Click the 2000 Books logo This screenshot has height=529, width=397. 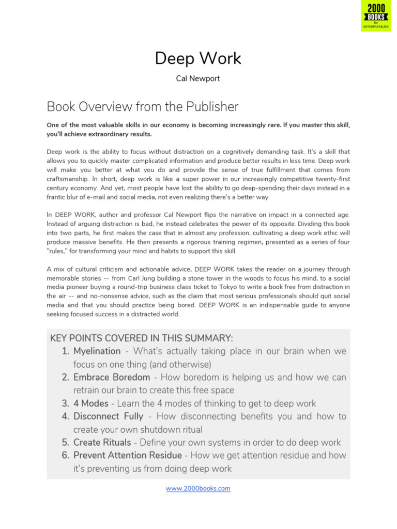click(x=376, y=16)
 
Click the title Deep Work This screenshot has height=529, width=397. click(x=198, y=58)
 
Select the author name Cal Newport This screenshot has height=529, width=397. click(x=198, y=79)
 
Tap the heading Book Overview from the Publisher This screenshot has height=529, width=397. click(x=143, y=106)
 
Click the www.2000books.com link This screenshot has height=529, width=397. click(x=198, y=488)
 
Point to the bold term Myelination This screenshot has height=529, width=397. click(x=97, y=351)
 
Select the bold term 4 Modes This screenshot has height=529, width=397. click(x=90, y=403)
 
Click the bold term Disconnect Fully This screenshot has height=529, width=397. click(x=108, y=416)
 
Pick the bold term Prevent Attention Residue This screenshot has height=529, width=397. click(x=127, y=456)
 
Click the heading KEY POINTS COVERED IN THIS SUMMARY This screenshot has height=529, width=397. click(x=141, y=338)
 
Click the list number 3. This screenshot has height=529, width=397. click(x=65, y=403)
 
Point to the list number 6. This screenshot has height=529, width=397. click(x=65, y=456)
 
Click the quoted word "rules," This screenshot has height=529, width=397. click(x=59, y=251)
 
